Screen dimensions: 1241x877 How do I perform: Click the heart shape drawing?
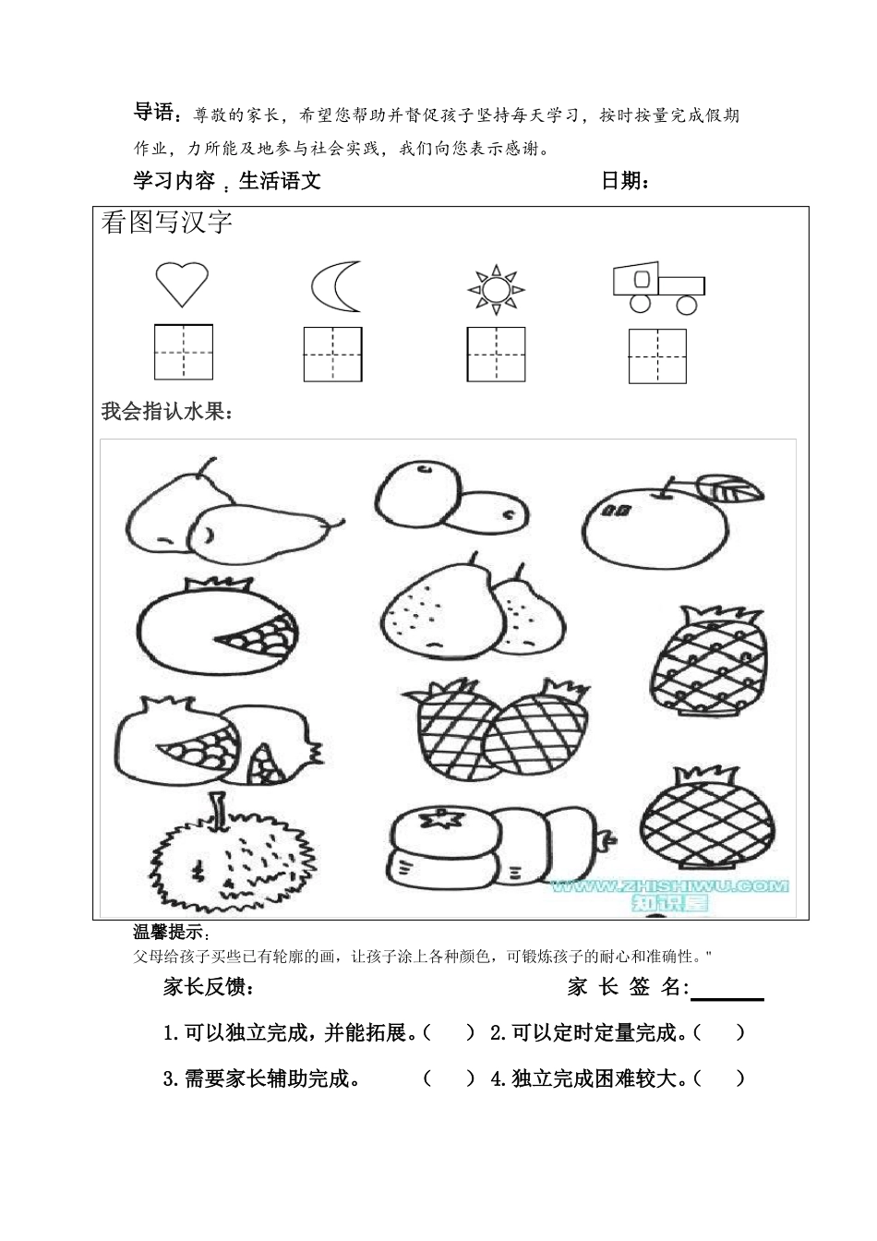click(182, 283)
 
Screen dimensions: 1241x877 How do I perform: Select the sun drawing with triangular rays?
click(496, 289)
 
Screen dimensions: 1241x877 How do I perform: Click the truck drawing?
click(658, 288)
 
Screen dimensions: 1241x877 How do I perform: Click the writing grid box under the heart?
click(184, 353)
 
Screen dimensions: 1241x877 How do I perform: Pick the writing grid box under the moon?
click(332, 355)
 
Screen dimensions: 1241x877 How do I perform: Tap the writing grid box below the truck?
click(657, 355)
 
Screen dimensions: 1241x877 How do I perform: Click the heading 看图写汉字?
click(166, 223)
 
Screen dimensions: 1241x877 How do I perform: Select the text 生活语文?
click(280, 181)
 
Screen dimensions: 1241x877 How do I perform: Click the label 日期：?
click(625, 181)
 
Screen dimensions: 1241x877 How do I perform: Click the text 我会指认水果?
click(167, 412)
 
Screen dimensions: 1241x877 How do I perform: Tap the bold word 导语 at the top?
click(154, 114)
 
